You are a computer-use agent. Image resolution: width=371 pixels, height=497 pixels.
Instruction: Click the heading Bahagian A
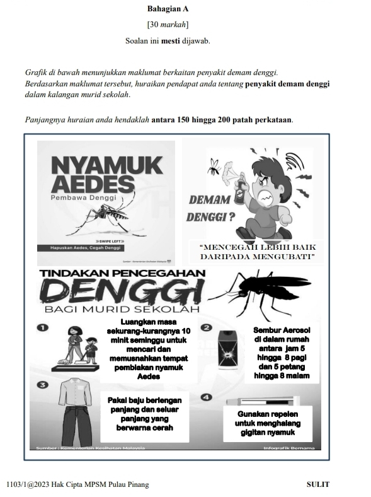(x=167, y=9)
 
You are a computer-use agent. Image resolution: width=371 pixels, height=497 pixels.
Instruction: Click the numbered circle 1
(x=43, y=328)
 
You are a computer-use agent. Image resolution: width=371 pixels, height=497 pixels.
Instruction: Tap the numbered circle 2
(x=205, y=328)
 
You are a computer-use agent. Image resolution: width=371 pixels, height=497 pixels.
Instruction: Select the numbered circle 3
(x=43, y=384)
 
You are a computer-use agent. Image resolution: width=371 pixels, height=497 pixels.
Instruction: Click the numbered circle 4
(x=205, y=397)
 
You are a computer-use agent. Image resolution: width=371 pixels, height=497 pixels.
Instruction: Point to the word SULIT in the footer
(x=317, y=484)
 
